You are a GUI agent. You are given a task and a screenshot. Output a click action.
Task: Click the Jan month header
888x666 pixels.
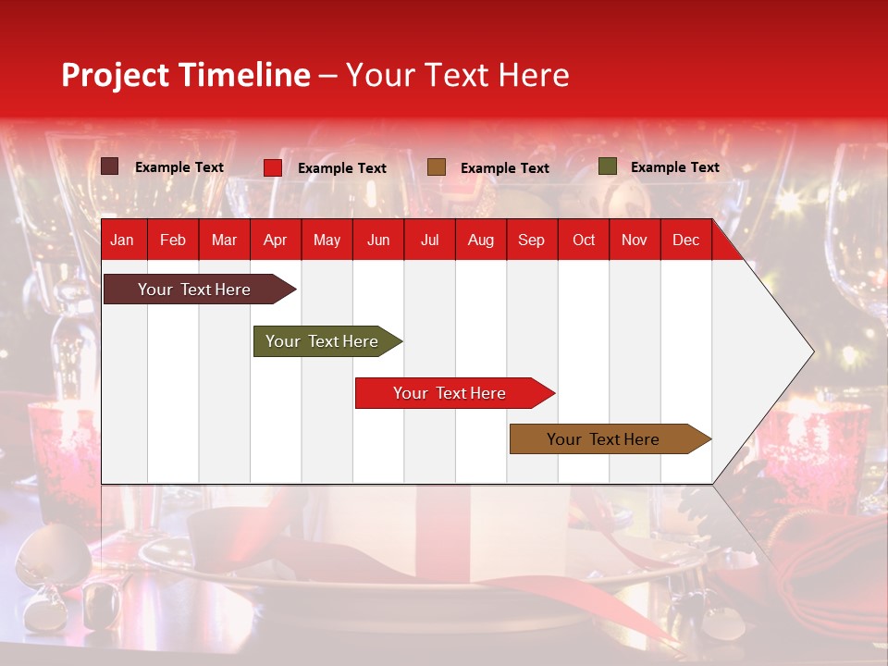click(122, 240)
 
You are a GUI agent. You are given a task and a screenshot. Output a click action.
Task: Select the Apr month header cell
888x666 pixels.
click(275, 240)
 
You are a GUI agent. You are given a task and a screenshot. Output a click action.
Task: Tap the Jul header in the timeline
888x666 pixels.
click(429, 240)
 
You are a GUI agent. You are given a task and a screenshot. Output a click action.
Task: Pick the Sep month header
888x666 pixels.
click(531, 240)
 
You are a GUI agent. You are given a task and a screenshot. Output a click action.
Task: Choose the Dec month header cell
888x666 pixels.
click(685, 240)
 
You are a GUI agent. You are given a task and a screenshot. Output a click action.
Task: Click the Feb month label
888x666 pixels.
click(173, 240)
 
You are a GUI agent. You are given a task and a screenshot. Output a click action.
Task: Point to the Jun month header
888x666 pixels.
click(378, 240)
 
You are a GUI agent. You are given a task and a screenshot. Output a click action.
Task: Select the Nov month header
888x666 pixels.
click(635, 240)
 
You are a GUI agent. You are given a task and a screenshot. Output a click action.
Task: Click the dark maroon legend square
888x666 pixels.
click(109, 166)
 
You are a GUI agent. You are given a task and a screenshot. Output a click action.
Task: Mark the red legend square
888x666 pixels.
click(272, 167)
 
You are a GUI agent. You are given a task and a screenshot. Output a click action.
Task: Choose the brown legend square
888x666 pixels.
click(437, 167)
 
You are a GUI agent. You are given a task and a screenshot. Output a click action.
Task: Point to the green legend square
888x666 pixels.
click(607, 166)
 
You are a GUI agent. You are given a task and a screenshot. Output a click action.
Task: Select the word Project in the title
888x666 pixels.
click(116, 75)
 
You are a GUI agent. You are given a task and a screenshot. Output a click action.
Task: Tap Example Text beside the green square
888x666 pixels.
click(674, 167)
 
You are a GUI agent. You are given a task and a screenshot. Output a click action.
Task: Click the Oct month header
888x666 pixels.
click(584, 240)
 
